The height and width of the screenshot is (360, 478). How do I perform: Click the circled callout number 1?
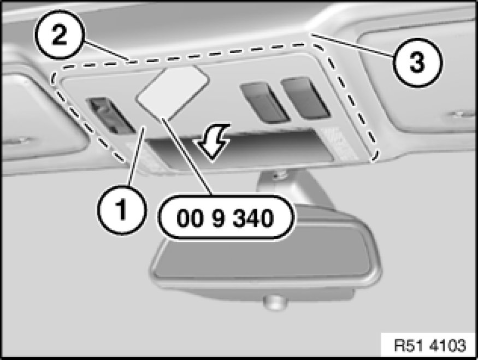(122, 210)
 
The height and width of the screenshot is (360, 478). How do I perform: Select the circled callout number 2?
(59, 34)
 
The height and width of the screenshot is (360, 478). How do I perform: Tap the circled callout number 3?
(417, 62)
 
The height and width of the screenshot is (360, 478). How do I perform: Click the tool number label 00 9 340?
(226, 217)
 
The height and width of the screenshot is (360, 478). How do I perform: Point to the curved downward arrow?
(214, 141)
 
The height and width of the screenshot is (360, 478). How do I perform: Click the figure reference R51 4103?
(430, 345)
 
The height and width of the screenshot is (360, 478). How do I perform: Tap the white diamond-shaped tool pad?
(173, 92)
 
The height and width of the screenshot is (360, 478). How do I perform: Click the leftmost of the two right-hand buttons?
(264, 102)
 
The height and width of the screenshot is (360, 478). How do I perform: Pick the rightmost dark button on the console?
(305, 98)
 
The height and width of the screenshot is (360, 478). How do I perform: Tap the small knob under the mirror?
(275, 302)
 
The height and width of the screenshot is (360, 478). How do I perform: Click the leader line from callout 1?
(137, 156)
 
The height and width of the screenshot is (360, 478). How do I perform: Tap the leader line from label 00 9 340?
(187, 156)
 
